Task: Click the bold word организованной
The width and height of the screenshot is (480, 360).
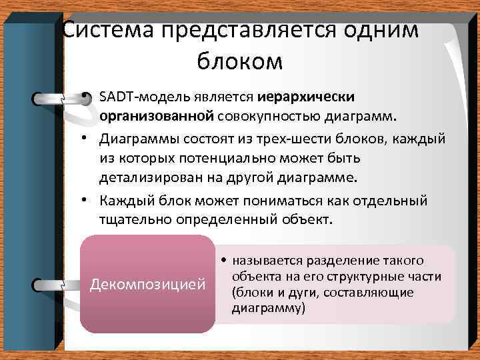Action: (157, 117)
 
